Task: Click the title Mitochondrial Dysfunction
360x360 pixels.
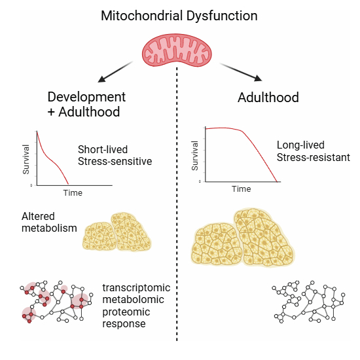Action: [x=179, y=16]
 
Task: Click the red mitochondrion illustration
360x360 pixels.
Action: [x=177, y=50]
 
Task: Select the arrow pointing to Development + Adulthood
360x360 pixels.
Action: [x=115, y=71]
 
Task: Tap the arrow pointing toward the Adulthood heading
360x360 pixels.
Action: [x=241, y=72]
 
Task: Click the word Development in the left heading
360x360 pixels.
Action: [x=86, y=97]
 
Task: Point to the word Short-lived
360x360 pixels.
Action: [x=103, y=149]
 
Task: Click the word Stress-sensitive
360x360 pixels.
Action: [x=115, y=161]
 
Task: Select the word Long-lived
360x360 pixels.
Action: [x=300, y=145]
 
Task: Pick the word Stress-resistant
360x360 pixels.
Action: [x=314, y=158]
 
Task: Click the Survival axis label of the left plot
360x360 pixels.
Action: [x=26, y=159]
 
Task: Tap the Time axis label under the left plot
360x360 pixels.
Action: [x=73, y=193]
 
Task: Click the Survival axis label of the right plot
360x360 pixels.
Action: [x=194, y=156]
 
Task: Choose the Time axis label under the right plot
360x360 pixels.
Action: [x=242, y=189]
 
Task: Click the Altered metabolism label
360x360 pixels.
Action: [x=49, y=223]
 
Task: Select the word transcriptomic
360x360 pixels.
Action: [x=136, y=288]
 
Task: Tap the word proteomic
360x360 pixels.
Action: [x=126, y=312]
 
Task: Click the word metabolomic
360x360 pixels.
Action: [x=133, y=300]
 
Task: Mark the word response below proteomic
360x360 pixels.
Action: [x=124, y=324]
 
